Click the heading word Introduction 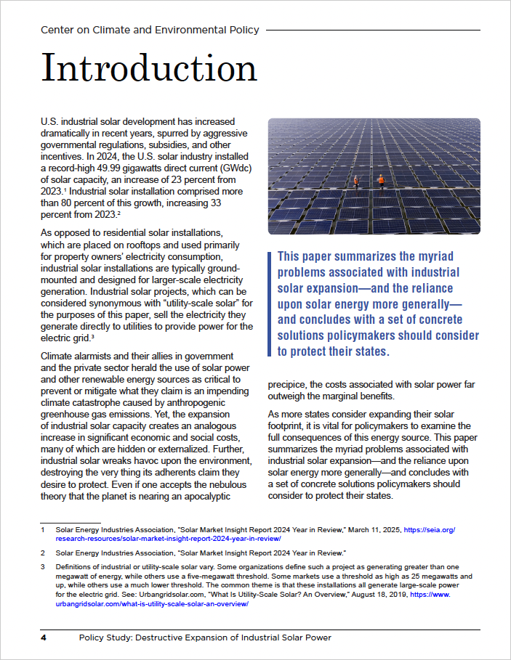pyautogui.click(x=149, y=68)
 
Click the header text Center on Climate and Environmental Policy pyautogui.click(x=150, y=30)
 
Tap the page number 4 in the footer pyautogui.click(x=44, y=637)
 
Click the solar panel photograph pyautogui.click(x=374, y=176)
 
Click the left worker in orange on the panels pyautogui.click(x=356, y=181)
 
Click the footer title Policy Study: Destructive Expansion pyautogui.click(x=205, y=637)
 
